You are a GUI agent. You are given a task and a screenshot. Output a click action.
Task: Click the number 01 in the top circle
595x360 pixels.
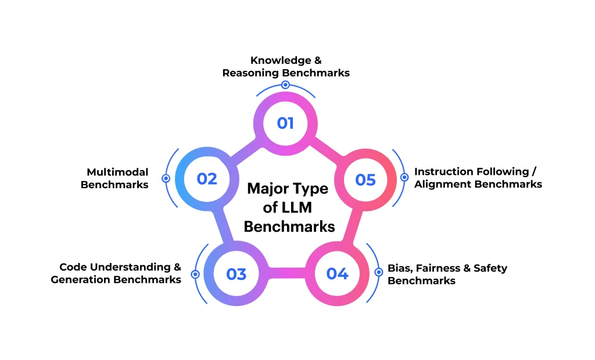pos(285,123)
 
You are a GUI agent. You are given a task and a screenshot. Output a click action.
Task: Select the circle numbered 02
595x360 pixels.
pos(206,179)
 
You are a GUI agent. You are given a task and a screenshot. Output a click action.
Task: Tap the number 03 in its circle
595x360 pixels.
pos(236,273)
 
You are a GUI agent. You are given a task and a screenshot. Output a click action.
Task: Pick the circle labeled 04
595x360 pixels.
pos(337,273)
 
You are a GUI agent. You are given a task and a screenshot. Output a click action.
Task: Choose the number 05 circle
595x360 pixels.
pos(365,179)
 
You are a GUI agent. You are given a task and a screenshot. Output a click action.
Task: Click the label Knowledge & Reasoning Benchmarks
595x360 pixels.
pos(285,67)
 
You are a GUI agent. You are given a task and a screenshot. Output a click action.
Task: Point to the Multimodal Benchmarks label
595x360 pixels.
pos(114,178)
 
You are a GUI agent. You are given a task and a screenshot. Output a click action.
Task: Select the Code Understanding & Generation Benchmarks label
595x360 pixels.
pos(116,273)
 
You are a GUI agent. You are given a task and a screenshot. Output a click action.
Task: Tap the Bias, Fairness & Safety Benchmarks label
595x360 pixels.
pos(447,274)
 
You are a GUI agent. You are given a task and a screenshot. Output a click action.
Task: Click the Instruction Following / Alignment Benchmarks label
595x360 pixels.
pos(478,178)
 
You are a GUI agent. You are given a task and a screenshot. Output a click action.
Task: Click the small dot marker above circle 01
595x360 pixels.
pos(285,85)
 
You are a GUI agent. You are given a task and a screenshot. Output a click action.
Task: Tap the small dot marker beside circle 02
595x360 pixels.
pos(166,179)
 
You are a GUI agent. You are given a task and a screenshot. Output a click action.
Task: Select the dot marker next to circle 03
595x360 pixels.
pos(195,274)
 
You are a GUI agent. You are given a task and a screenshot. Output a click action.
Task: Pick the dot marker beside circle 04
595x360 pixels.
pos(378,272)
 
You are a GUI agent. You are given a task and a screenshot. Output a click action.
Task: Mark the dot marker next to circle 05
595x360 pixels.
pos(404,177)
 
